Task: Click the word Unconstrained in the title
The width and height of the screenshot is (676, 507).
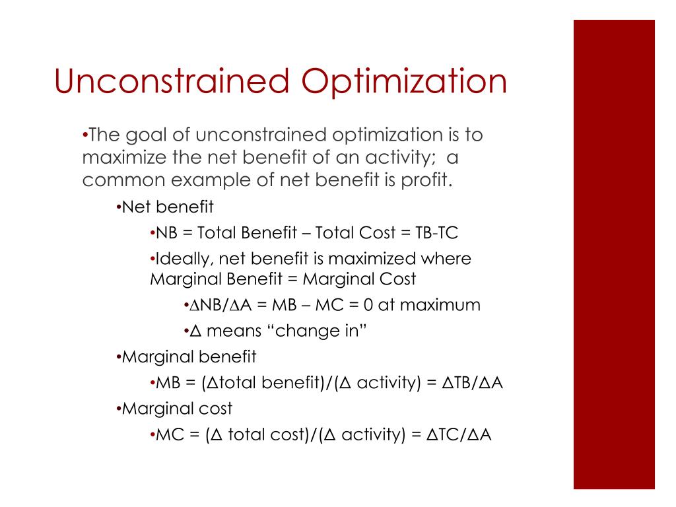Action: pos(172,81)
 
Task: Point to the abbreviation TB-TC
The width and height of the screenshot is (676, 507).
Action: pos(436,233)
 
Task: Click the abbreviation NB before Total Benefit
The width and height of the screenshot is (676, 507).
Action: pos(166,233)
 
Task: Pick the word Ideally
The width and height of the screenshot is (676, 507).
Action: pos(184,259)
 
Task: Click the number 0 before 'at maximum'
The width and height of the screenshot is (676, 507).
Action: pos(368,305)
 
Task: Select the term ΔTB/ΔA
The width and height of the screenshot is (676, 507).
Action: pos(472,382)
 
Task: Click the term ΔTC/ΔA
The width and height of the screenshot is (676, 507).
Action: pos(459,434)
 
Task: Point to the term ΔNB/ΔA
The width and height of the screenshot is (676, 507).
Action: pos(220,305)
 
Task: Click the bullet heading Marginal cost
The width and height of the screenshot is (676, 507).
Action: pos(177,408)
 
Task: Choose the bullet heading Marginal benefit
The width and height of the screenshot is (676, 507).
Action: pos(189,356)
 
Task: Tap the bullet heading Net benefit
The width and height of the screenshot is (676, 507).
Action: pos(168,207)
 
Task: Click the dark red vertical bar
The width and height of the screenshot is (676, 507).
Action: pos(614,254)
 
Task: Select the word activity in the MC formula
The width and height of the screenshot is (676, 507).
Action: pos(374,434)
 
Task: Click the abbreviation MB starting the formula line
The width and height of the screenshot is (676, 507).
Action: pos(168,382)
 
